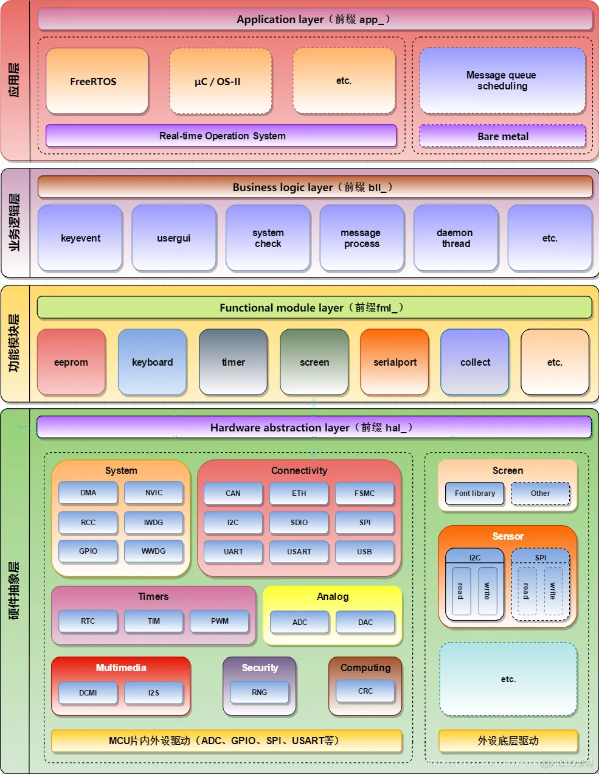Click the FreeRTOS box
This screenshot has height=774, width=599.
97,81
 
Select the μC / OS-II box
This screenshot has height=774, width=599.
220,81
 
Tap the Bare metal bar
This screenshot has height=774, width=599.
502,136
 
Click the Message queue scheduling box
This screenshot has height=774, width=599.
502,81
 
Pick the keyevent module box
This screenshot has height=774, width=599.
80,238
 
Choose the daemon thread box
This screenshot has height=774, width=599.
455,238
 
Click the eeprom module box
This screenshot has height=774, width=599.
71,362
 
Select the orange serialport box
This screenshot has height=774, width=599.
395,362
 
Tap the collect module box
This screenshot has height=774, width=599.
475,362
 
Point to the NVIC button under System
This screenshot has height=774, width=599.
154,493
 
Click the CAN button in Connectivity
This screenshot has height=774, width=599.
233,493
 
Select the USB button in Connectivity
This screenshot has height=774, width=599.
364,552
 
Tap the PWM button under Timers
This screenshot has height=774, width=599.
220,621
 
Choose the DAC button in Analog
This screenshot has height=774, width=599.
365,622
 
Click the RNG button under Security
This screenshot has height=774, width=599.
260,692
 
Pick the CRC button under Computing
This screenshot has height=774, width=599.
365,691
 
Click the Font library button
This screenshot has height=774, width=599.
475,493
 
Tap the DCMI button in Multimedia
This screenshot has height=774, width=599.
88,692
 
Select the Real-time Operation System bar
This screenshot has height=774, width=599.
222,136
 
